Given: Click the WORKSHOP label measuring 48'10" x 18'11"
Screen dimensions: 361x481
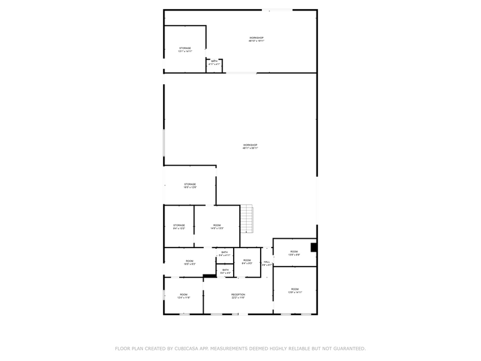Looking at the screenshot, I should pos(256,39).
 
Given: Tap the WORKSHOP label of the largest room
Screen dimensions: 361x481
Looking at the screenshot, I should pos(250,146).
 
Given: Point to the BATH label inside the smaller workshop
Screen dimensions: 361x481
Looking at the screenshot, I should pos(214,61).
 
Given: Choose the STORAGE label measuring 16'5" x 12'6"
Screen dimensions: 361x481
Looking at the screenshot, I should pos(190,185).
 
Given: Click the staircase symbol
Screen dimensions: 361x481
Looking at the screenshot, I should pos(247,219).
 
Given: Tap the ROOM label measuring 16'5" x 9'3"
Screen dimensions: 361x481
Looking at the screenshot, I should pos(190,262).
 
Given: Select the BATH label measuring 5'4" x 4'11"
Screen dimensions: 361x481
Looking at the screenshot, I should pos(225,253).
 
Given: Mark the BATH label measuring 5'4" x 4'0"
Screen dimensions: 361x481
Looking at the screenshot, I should pos(225,270).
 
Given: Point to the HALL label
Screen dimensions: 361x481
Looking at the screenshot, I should pos(267,263).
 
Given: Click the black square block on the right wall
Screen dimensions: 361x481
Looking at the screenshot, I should pos(314,247).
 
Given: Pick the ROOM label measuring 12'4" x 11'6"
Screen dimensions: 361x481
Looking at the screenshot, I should pos(183,295).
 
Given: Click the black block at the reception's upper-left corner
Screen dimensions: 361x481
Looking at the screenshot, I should pos(210,276).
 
